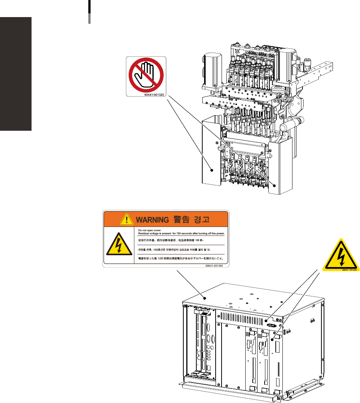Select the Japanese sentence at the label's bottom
click(x=182, y=257)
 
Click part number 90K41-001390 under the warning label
click(x=217, y=266)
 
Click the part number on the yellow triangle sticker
click(x=349, y=270)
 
